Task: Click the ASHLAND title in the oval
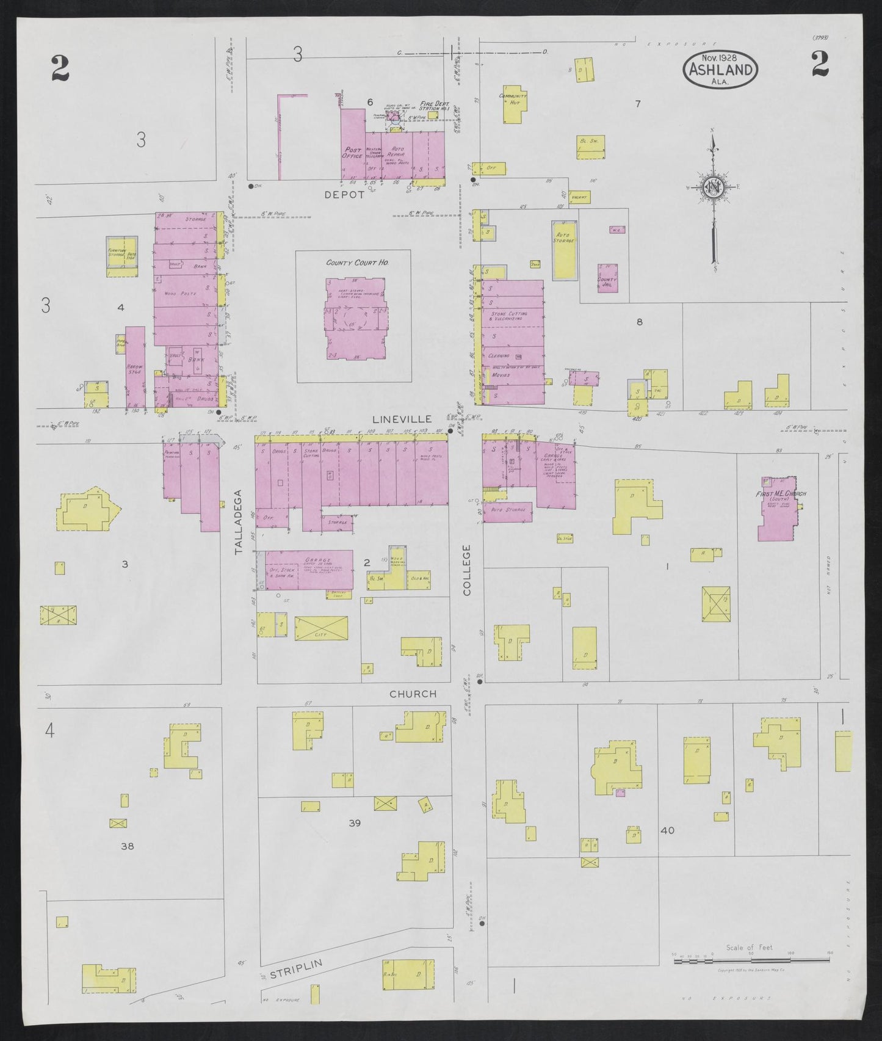(721, 69)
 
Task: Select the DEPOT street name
(344, 195)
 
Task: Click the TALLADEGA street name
(239, 521)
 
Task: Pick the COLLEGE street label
(467, 570)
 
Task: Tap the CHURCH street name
(413, 694)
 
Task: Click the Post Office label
(353, 153)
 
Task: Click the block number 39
(355, 822)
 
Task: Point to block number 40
(667, 830)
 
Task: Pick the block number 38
(127, 846)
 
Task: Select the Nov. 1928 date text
(720, 57)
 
